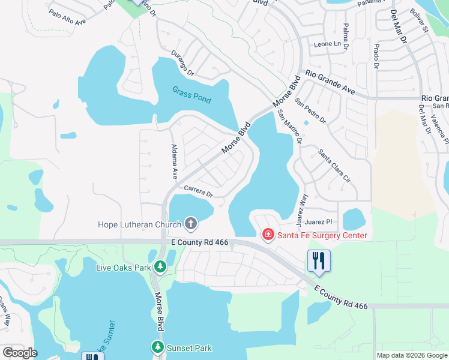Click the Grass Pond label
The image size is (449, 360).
[191, 94]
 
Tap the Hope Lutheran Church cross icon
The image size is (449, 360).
[191, 225]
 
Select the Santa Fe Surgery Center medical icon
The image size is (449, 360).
[268, 235]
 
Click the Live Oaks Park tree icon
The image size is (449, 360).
[160, 266]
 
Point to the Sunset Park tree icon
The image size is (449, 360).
[157, 347]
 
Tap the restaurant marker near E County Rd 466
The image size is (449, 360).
[318, 261]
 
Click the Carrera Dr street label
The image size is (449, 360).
[199, 191]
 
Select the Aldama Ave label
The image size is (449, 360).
[174, 161]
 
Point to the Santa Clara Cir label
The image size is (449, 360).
[334, 166]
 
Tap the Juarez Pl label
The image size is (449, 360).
[318, 222]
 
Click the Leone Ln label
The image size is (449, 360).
[327, 44]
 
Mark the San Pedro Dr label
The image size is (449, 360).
[310, 111]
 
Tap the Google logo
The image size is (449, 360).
[19, 353]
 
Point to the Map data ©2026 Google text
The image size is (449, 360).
[411, 355]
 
